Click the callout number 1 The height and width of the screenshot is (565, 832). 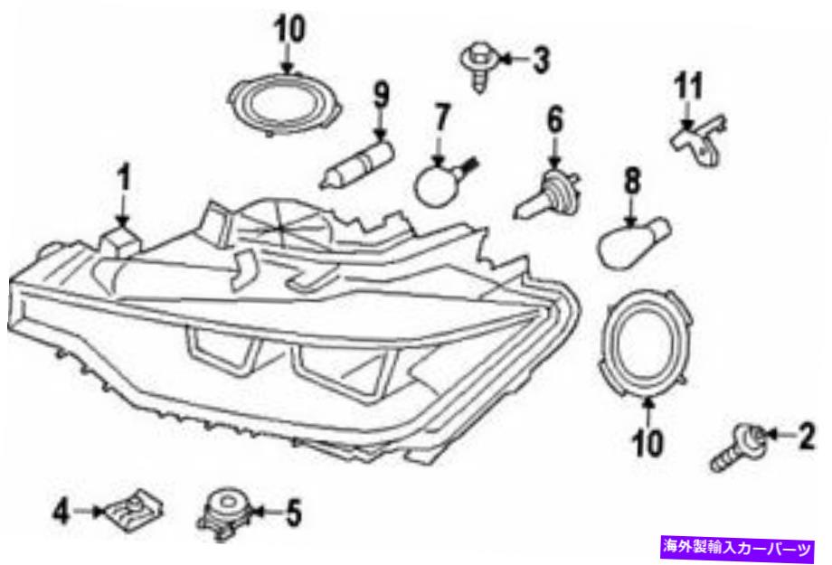pos(124,178)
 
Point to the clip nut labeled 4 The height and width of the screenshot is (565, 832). pos(133,511)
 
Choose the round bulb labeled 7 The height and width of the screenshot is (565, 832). pos(443,181)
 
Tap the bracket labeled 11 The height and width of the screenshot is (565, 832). pos(699,140)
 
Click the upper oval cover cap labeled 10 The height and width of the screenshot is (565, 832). pos(285,104)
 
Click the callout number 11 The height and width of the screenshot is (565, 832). pos(689,86)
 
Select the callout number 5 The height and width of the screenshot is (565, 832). pos(292,513)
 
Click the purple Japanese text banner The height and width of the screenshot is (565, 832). pos(737,547)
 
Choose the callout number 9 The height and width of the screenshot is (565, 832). pos(381,95)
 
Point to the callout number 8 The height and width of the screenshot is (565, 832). pos(631,181)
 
